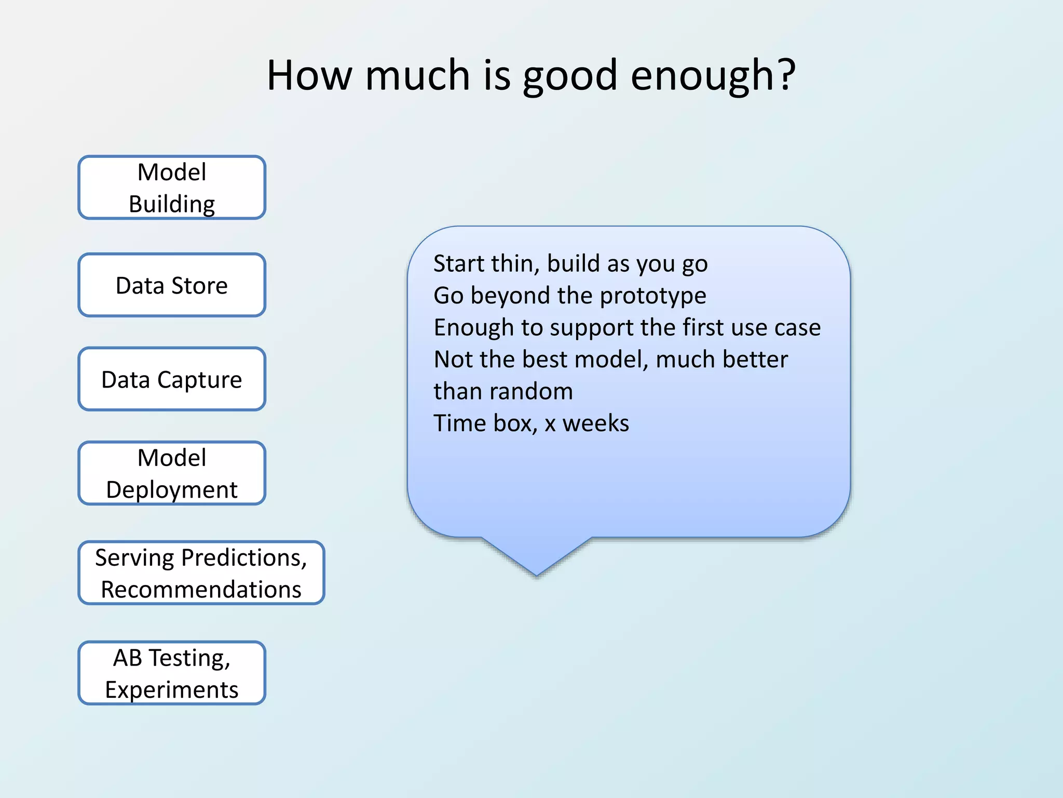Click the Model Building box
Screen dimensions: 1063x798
pos(172,188)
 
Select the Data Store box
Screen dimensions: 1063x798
pos(172,285)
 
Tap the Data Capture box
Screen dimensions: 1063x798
pos(172,379)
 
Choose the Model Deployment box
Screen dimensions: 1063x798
pos(172,473)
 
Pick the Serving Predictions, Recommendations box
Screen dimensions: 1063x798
pos(201,573)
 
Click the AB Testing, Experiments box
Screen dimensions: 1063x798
pos(172,673)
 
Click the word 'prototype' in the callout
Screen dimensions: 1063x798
pos(653,296)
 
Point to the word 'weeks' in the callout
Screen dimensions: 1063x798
pos(596,423)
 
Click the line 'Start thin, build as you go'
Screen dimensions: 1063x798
pos(570,264)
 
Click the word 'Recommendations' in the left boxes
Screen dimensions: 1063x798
pos(201,590)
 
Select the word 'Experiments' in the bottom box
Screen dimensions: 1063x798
pos(172,690)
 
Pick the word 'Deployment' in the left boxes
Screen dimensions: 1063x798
pos(172,490)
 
